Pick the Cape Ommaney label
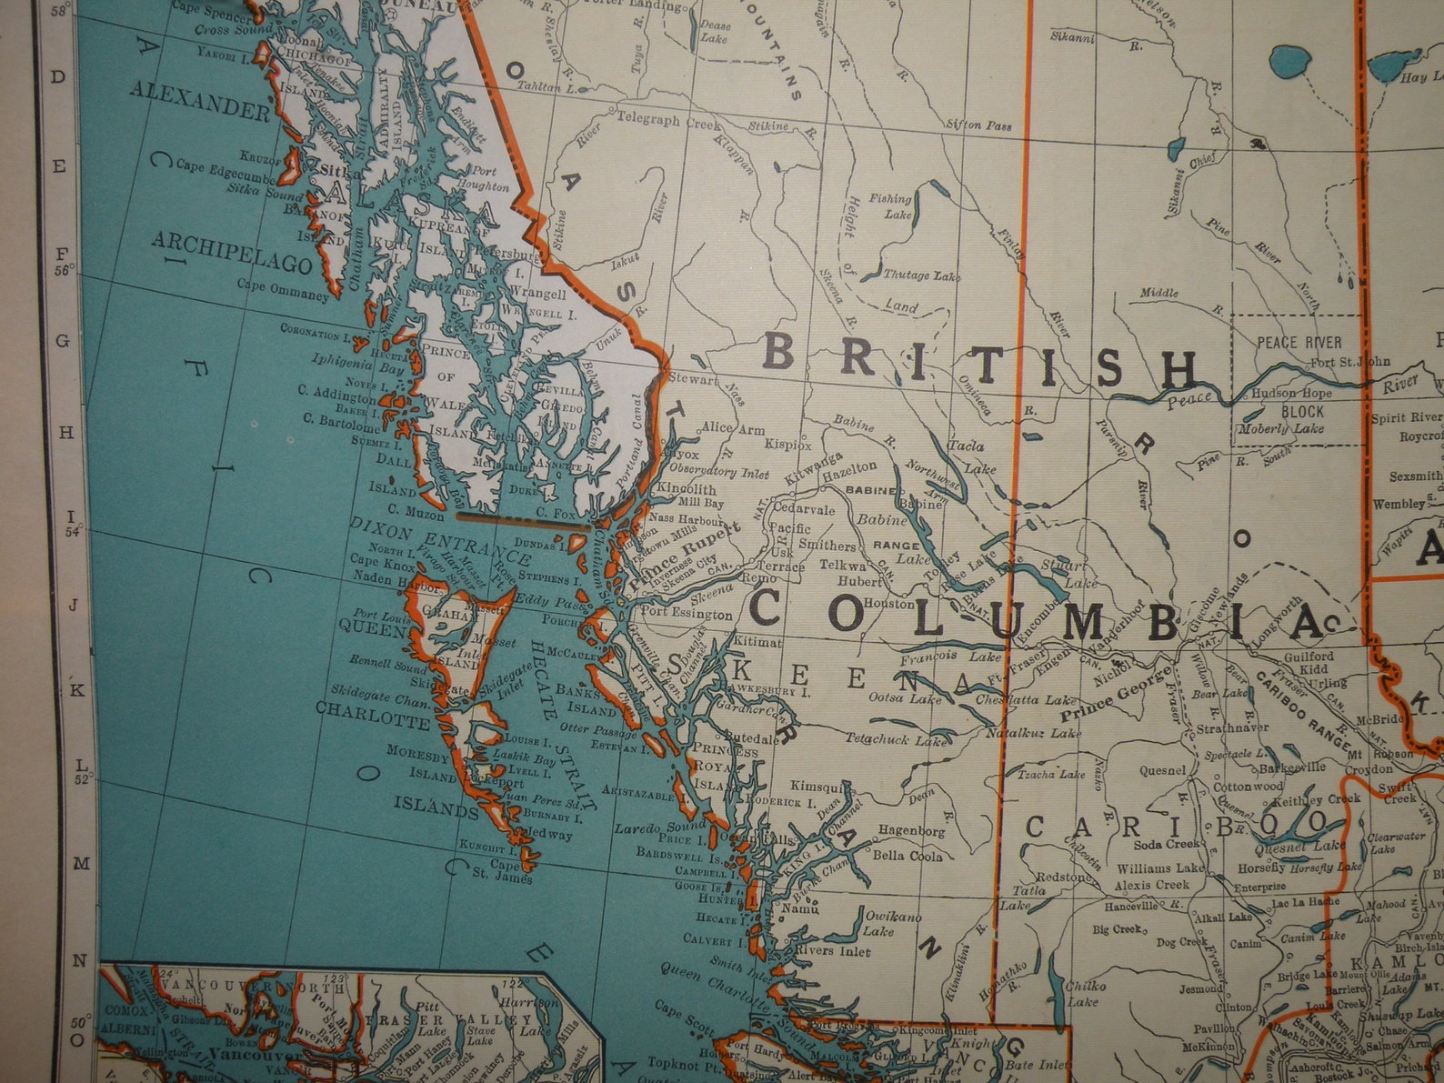coord(283,294)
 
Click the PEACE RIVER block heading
coord(1299,343)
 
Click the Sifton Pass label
coord(978,125)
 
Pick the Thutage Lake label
coord(920,276)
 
